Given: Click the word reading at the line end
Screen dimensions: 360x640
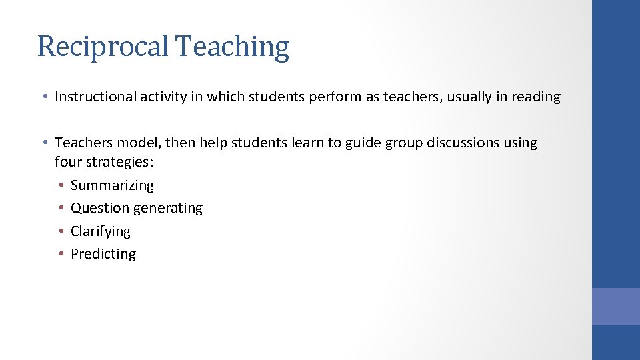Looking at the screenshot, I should [536, 97].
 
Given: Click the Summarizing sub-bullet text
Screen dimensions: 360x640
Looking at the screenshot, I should [112, 185].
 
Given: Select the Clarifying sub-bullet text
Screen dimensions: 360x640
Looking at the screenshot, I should [101, 231].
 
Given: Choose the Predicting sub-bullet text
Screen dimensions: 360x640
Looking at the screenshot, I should [103, 254].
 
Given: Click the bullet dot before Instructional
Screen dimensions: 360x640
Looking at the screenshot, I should [44, 97].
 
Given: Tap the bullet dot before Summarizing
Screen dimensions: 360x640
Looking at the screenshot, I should [61, 185].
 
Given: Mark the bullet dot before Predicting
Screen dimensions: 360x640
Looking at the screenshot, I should [61, 254].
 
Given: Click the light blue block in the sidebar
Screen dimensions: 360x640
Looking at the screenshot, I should [615, 306].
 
